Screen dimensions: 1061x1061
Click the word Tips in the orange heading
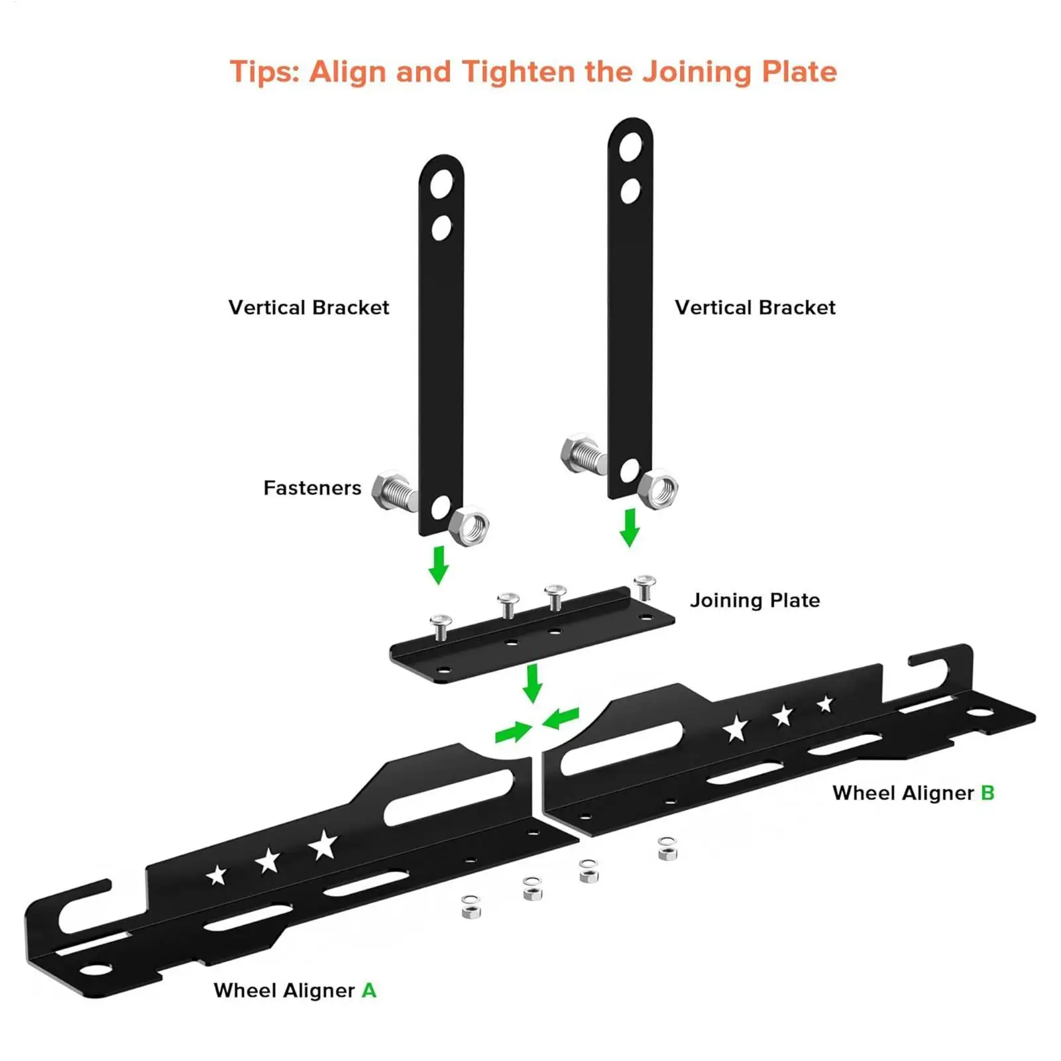click(x=263, y=72)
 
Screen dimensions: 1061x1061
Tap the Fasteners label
click(x=312, y=488)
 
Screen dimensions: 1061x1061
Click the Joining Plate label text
click(x=755, y=600)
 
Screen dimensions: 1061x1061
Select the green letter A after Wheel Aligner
click(x=369, y=991)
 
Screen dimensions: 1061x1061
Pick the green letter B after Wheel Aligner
click(x=987, y=793)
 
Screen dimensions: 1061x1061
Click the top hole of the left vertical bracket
click(x=441, y=184)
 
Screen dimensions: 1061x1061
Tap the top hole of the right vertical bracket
click(x=631, y=147)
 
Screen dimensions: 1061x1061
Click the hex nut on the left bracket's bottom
click(x=469, y=526)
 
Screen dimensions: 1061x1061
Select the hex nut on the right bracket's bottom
click(x=658, y=490)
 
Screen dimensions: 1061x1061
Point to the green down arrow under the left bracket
click(x=438, y=565)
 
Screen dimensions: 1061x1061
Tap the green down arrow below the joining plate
click(x=532, y=683)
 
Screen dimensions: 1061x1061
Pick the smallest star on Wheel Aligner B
click(x=825, y=704)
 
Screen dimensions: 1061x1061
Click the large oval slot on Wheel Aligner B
click(x=622, y=747)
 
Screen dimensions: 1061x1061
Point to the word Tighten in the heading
click(x=518, y=72)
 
